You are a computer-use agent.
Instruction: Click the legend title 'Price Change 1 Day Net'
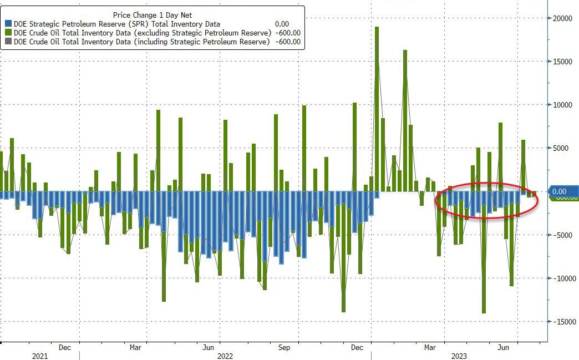click(152, 15)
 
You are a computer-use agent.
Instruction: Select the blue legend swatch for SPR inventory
click(8, 24)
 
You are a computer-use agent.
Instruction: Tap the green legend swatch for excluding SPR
click(8, 33)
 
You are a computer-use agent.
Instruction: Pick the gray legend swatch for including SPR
click(8, 42)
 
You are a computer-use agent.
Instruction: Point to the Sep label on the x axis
click(284, 348)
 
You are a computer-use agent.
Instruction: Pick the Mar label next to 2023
click(430, 348)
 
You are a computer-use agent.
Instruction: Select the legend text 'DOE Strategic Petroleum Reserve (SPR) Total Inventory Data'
click(117, 24)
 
